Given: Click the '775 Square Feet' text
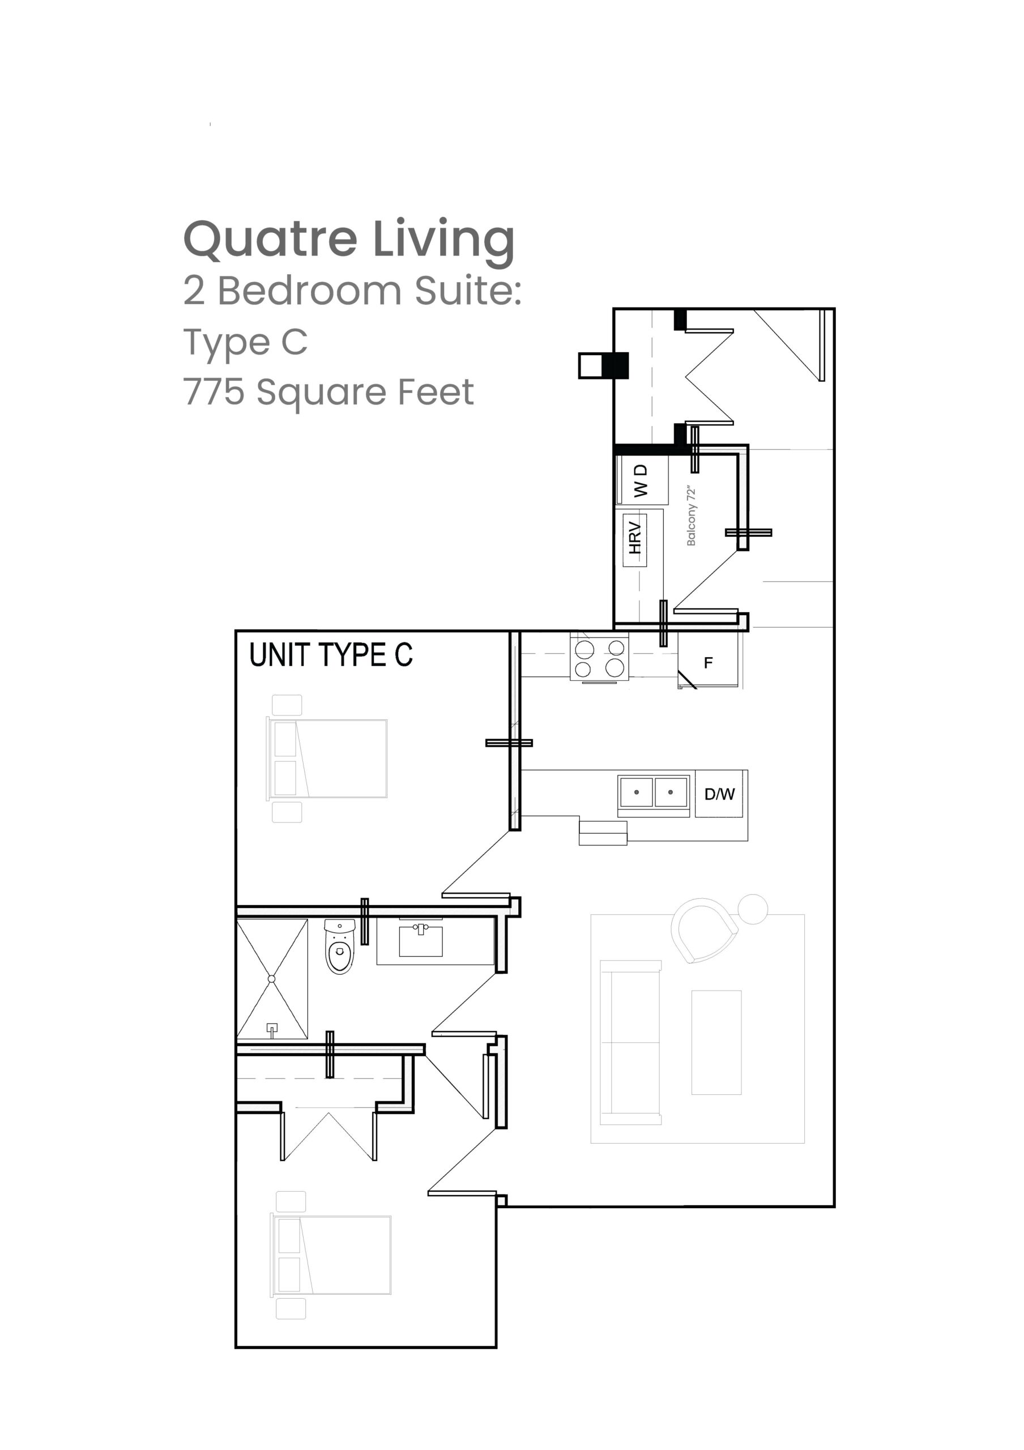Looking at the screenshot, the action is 328,393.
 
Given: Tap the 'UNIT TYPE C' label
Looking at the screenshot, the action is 331,655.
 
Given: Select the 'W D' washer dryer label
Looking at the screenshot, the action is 641,481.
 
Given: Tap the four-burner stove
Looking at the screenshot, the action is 599,658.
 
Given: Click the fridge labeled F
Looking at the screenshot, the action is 708,660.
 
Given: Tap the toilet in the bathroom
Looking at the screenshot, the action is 340,946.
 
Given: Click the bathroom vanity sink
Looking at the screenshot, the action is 421,940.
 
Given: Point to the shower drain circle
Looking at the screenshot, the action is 271,979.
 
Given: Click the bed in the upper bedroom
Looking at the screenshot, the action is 327,758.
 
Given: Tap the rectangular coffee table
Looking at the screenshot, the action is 716,1042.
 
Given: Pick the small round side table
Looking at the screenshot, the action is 753,910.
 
